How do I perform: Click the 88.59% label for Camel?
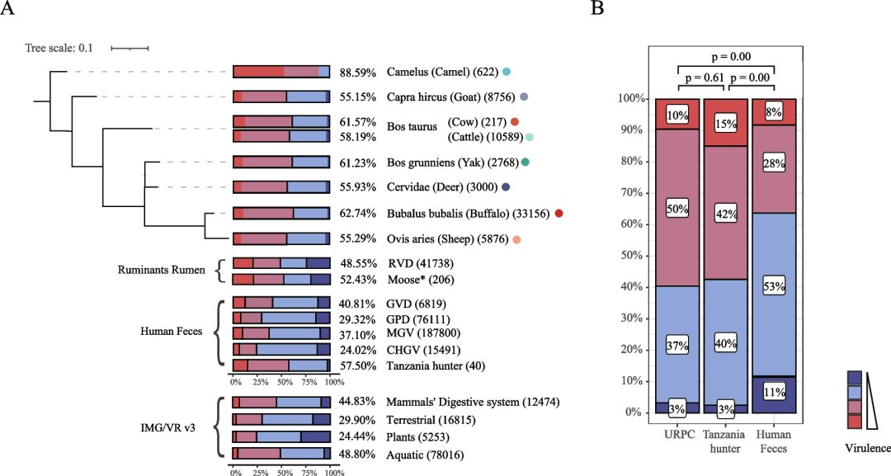click(356, 72)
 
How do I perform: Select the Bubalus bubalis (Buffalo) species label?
click(474, 214)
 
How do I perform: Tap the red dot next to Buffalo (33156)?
click(559, 214)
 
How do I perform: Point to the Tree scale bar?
click(130, 49)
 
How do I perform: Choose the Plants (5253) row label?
click(421, 438)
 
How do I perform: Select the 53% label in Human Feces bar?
click(773, 287)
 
